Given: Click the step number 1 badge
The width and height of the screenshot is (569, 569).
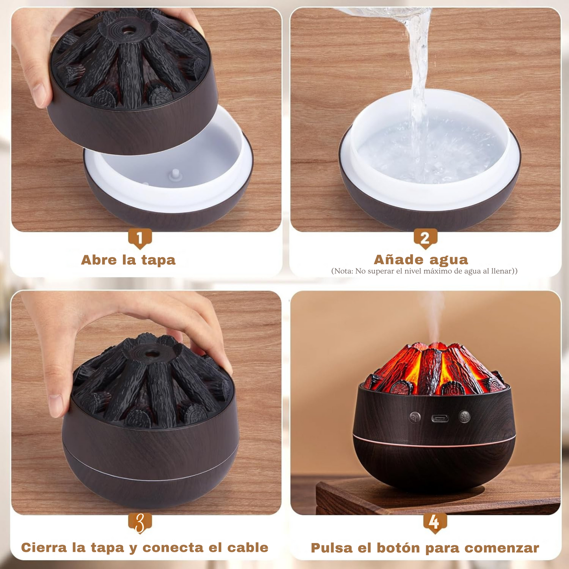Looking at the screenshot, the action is pyautogui.click(x=140, y=238).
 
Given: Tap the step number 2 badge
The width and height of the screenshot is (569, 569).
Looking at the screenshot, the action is pyautogui.click(x=425, y=238).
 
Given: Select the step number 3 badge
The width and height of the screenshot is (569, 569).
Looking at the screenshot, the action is pyautogui.click(x=140, y=523).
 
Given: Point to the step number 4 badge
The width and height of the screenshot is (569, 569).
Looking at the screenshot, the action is pyautogui.click(x=435, y=523).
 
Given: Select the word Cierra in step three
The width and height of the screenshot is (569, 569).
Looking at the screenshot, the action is pyautogui.click(x=44, y=547).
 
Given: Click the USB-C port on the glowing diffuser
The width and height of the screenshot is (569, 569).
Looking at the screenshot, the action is pyautogui.click(x=439, y=418).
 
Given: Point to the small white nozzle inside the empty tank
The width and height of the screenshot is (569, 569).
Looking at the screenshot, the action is pyautogui.click(x=175, y=174).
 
